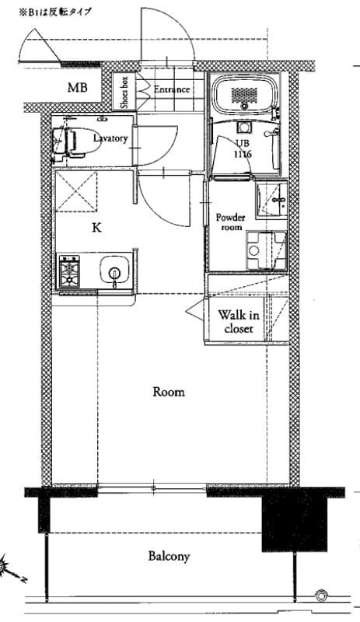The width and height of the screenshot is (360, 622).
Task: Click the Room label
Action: click(x=169, y=392)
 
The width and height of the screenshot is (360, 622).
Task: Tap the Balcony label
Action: click(x=169, y=556)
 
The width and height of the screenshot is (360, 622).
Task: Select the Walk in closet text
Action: click(x=239, y=322)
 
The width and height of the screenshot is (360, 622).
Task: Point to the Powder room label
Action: click(x=231, y=222)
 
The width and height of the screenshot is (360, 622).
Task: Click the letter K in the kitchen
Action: click(x=96, y=228)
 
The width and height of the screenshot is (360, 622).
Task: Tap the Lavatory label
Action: click(x=110, y=138)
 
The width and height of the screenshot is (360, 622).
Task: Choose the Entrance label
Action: click(x=172, y=89)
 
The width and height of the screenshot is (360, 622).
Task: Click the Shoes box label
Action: click(x=124, y=92)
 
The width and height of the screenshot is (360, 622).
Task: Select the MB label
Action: click(x=78, y=87)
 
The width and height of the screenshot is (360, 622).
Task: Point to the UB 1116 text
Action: click(x=243, y=149)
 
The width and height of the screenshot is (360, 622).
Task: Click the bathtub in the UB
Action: click(x=243, y=93)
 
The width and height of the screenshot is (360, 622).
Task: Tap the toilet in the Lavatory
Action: click(x=75, y=141)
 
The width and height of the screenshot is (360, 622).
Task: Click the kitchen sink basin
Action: click(x=115, y=270)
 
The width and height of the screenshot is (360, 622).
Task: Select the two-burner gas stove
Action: click(x=69, y=271)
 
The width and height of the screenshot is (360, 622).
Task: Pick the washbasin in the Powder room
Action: click(x=272, y=200)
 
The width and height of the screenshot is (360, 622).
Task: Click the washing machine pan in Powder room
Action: click(x=267, y=250)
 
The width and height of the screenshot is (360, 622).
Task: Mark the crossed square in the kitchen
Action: click(x=76, y=191)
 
